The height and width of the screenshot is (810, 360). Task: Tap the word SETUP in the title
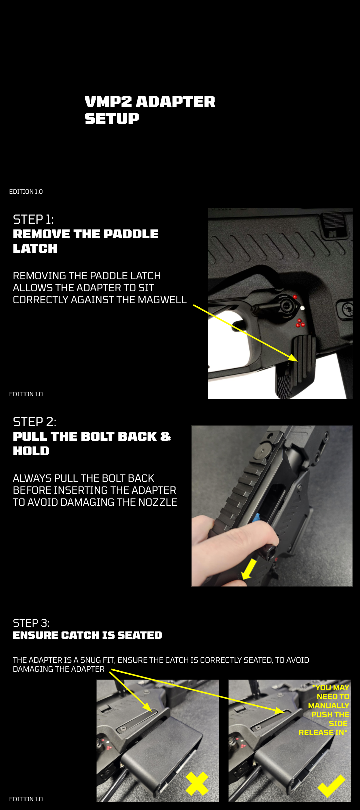coord(112,118)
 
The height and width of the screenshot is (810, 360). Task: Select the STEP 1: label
coord(33,219)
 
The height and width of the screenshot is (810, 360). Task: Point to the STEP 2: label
coord(34,422)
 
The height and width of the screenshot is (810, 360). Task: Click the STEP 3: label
coord(31,623)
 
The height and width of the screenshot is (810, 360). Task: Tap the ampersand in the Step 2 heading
coord(166,436)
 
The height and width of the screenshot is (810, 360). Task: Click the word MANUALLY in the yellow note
coord(329,705)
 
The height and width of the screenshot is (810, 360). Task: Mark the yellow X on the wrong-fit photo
coord(197,783)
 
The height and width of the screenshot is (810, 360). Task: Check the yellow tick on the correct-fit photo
coord(331,785)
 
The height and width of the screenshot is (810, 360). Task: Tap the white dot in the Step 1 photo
coord(302,308)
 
